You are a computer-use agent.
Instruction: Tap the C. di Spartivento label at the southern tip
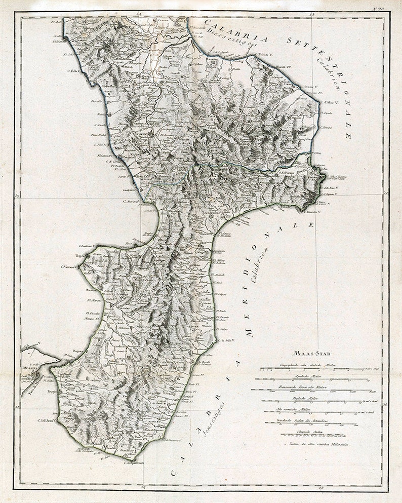pyautogui.click(x=133, y=462)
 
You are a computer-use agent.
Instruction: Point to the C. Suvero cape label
pyautogui.click(x=131, y=202)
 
